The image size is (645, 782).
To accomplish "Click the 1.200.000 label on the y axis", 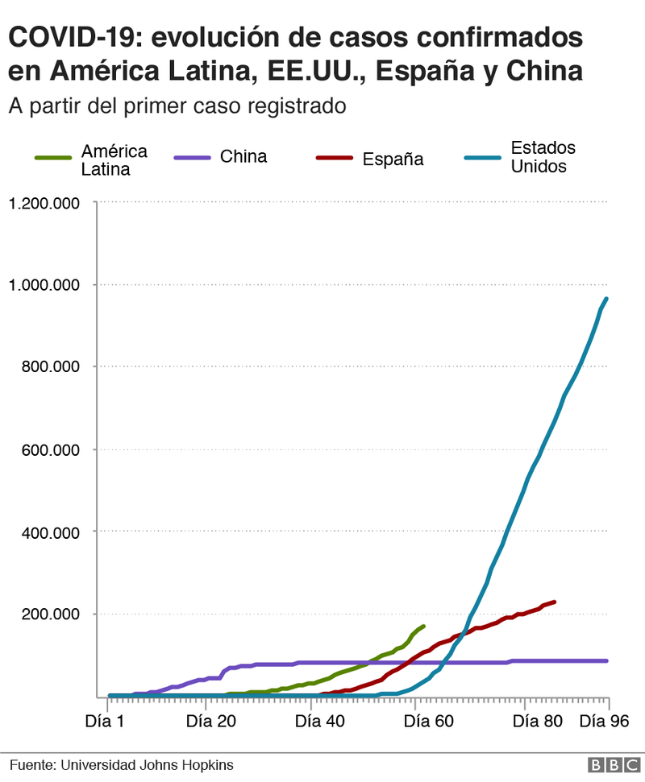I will [44, 202].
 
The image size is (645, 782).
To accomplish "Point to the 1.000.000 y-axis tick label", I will [44, 284].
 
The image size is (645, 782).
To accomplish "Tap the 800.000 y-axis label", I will [50, 366].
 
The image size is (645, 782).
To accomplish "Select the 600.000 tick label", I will [50, 449].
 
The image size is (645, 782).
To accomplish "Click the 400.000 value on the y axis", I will [50, 532].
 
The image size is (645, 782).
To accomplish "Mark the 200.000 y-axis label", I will [50, 614].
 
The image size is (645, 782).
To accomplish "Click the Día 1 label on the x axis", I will [105, 722].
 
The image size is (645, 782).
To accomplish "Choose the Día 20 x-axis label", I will [211, 722].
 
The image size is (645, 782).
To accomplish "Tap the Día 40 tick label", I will [320, 722].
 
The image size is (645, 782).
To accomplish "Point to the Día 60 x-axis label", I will [429, 722].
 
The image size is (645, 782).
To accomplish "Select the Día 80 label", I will [538, 722].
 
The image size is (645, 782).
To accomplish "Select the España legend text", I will [393, 159].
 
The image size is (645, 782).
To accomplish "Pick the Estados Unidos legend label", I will [543, 158].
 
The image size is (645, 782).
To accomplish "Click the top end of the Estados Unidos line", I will [606, 299].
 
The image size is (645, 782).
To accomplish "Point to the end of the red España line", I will [554, 602].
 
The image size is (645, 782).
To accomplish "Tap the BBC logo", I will [609, 764].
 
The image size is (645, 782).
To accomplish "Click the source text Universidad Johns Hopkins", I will [121, 764].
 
